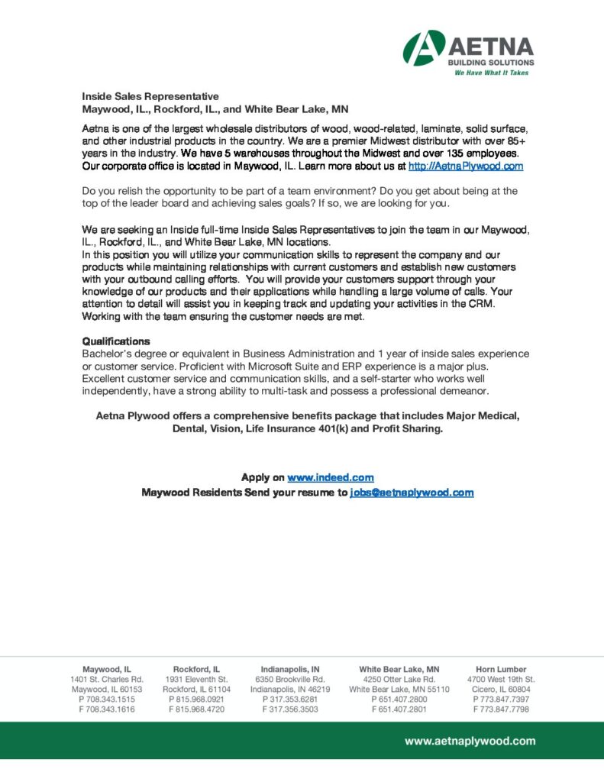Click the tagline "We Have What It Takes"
pyautogui.click(x=491, y=73)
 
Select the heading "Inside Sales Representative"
pyautogui.click(x=150, y=96)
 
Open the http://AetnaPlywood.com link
pyautogui.click(x=466, y=166)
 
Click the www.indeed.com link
pyautogui.click(x=330, y=477)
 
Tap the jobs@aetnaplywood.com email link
pyautogui.click(x=412, y=493)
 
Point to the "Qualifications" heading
pyautogui.click(x=116, y=341)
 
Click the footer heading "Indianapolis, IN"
pyautogui.click(x=290, y=669)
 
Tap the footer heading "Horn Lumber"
pyautogui.click(x=501, y=669)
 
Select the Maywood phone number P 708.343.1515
pyautogui.click(x=107, y=700)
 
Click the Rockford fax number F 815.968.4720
pyautogui.click(x=196, y=709)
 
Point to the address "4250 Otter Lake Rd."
pyautogui.click(x=399, y=679)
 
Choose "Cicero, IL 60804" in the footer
pyautogui.click(x=501, y=690)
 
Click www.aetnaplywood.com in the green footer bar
pyautogui.click(x=470, y=741)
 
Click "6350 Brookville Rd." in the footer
pyautogui.click(x=290, y=679)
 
